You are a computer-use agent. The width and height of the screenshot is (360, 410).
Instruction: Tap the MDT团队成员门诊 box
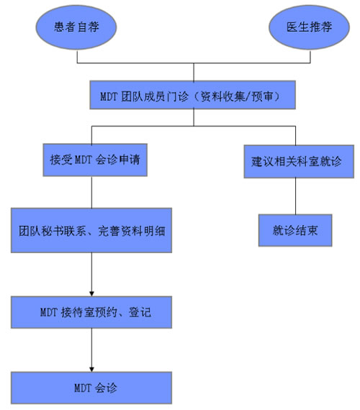pos(195,94)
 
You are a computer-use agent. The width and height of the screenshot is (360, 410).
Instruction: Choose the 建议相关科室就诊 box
pos(297,161)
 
